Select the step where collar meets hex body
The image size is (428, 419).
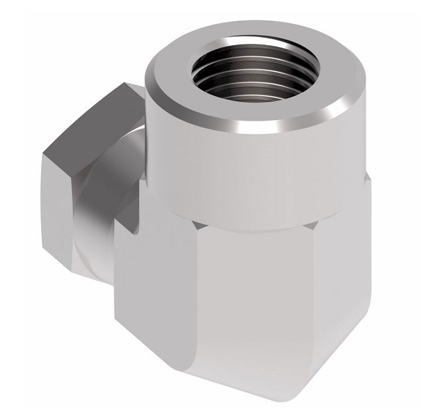(265, 222)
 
